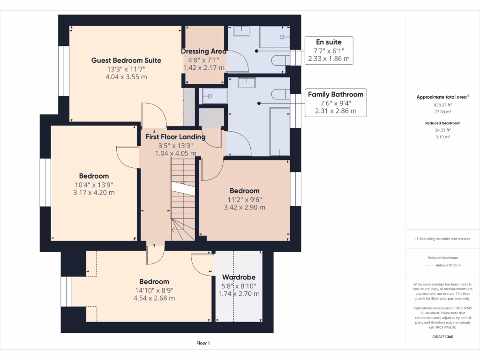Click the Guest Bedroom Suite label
pos(126,60)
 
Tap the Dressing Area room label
pos(204,51)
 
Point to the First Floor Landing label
pos(175,137)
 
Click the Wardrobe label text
pos(239,277)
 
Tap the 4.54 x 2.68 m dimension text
pos(154,298)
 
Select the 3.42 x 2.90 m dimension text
pos(244,207)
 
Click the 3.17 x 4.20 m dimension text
pos(94,192)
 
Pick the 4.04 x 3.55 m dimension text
pos(126,77)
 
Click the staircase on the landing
pos(182,199)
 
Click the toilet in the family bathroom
pos(280,94)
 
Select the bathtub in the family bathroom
pos(279,131)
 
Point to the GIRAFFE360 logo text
pos(443,337)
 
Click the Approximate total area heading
pos(442,97)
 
